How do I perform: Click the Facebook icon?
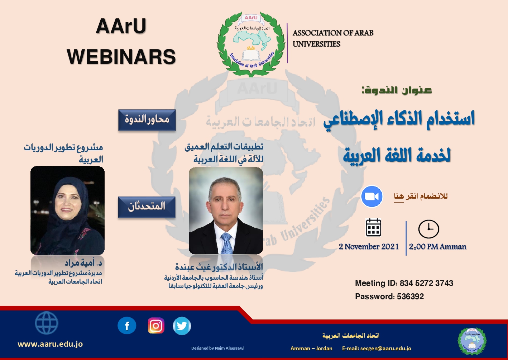tap(127, 326)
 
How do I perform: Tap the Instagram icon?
tap(156, 326)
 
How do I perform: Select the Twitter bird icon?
tap(182, 326)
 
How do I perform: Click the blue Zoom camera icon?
tap(372, 196)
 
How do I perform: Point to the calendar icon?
tap(374, 227)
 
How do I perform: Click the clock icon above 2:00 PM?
tap(428, 229)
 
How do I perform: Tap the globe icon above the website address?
tap(47, 323)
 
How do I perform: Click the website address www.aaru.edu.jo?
tap(50, 344)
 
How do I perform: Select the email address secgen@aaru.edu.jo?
tap(385, 349)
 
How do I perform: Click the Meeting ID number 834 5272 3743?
tap(426, 283)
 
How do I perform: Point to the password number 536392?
tap(410, 296)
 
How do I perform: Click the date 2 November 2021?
tap(369, 246)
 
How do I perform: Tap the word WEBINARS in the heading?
tap(121, 57)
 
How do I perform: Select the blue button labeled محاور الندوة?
tap(147, 120)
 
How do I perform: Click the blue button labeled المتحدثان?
tap(147, 207)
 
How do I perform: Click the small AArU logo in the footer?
tap(472, 341)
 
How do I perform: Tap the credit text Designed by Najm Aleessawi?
tap(218, 348)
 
